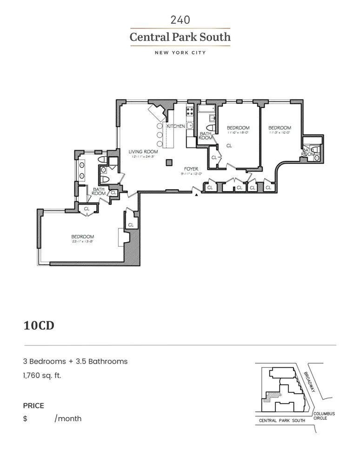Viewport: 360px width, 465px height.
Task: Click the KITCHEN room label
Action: (176, 126)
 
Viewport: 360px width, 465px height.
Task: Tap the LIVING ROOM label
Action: (143, 152)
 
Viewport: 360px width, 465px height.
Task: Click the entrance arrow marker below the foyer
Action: (197, 195)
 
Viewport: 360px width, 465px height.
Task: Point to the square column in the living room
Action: (169, 162)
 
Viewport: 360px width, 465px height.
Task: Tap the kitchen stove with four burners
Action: (190, 111)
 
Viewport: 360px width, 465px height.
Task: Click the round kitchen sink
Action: (190, 125)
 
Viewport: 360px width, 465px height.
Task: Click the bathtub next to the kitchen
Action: (205, 110)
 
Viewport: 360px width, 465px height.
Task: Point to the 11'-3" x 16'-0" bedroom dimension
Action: (280, 133)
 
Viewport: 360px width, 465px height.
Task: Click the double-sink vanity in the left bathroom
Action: (82, 170)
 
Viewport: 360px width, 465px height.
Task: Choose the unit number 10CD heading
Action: (39, 325)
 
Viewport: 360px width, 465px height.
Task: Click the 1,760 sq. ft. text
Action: (42, 375)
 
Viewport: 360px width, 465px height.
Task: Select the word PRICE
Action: (33, 405)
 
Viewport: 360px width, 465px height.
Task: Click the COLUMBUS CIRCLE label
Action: (324, 416)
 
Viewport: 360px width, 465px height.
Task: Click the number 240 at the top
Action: (180, 20)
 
